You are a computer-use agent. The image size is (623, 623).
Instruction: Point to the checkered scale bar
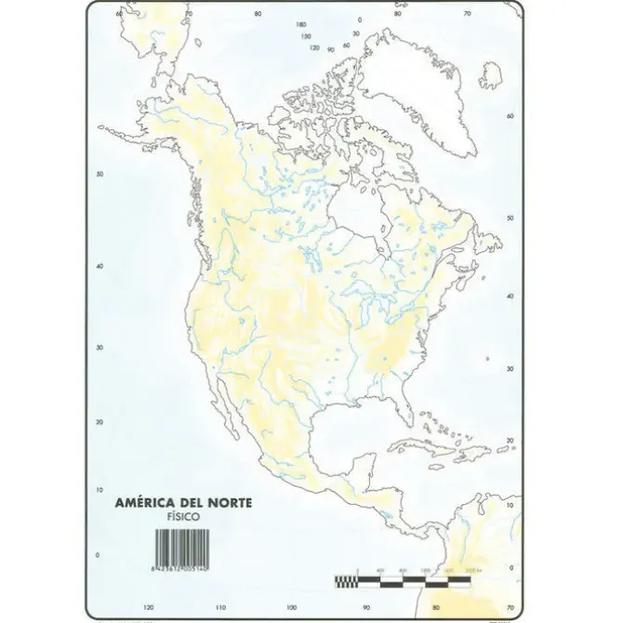coord(419,583)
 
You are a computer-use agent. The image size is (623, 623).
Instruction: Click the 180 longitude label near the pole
coord(300,24)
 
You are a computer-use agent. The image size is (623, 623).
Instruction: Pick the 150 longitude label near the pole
coord(306,36)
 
